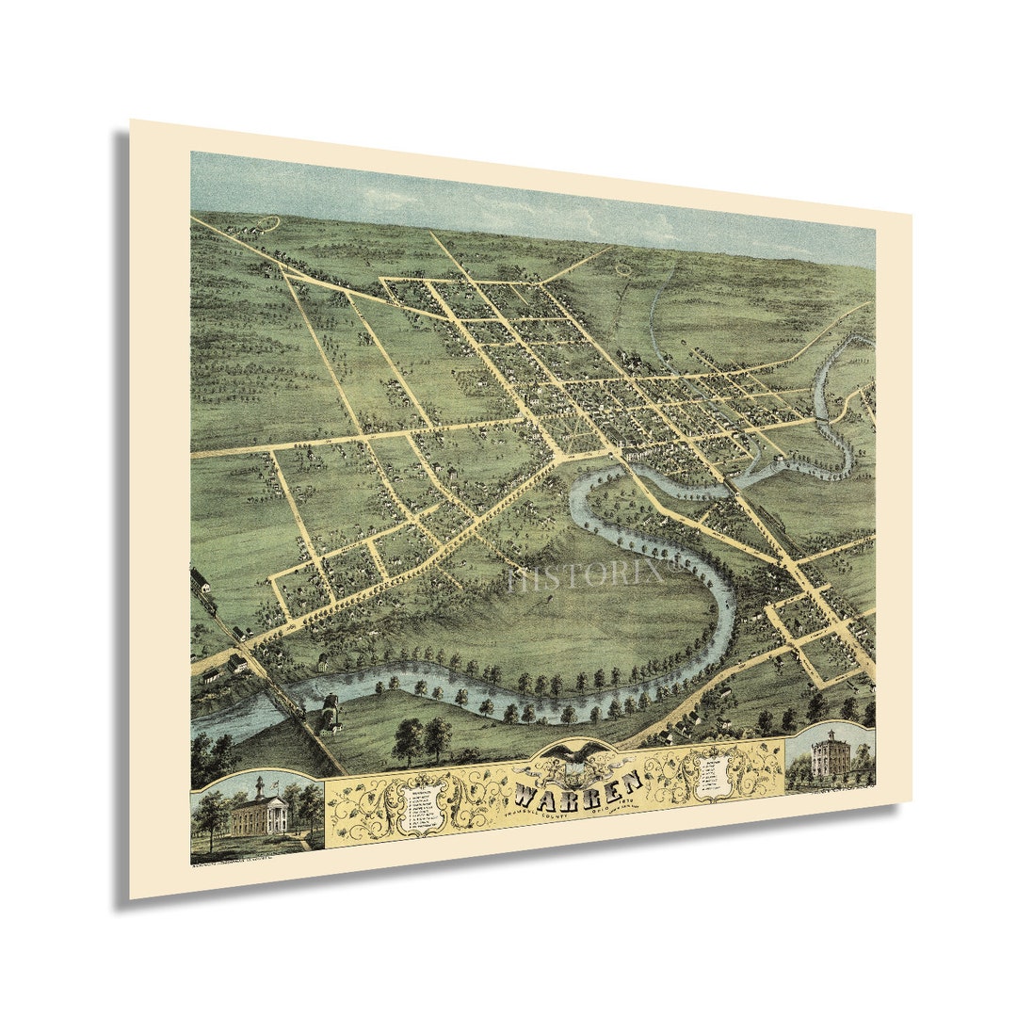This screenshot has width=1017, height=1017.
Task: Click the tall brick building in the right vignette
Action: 829,754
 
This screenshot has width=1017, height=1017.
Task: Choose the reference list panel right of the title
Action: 714,774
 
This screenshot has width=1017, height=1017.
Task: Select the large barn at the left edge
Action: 199,578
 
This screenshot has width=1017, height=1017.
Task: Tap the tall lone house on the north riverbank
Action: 323,662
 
